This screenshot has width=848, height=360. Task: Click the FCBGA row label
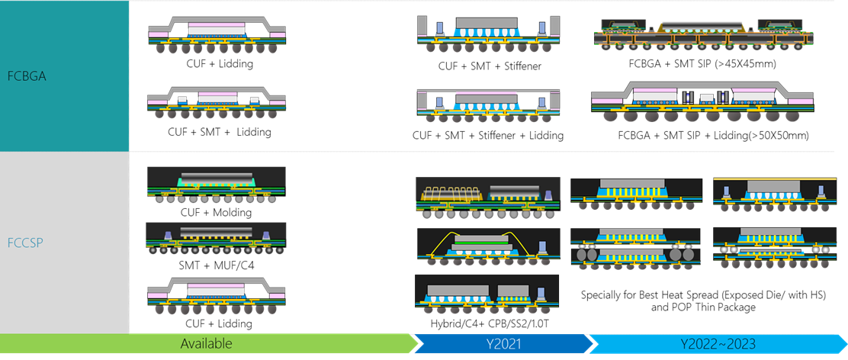[26, 76]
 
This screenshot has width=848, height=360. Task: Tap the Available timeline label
[206, 343]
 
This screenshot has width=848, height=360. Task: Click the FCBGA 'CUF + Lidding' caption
[220, 64]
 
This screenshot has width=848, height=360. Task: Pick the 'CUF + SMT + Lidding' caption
[220, 132]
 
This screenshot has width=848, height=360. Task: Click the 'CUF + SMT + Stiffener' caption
[490, 66]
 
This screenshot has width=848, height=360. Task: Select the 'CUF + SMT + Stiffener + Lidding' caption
[488, 135]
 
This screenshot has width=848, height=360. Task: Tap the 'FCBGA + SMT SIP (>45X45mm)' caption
[702, 64]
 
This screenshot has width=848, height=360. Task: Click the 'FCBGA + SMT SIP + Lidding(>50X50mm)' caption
[713, 136]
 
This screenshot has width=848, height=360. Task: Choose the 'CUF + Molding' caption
[216, 212]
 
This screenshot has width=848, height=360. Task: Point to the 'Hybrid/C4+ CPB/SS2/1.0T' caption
[488, 323]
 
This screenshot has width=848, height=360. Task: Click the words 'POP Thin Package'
[704, 307]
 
